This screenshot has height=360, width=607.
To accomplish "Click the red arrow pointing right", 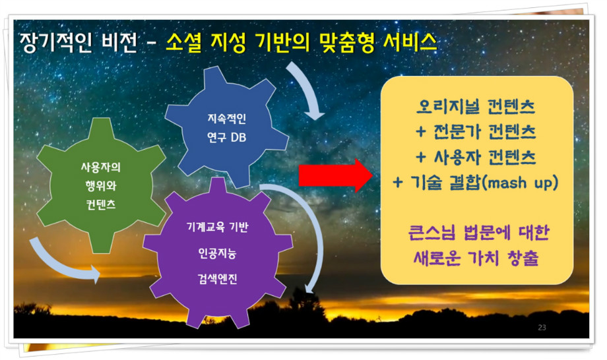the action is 335,175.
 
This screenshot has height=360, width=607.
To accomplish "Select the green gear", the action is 101,186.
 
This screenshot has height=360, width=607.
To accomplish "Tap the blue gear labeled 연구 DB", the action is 226,128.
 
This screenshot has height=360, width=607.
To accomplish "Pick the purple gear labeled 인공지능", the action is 218,253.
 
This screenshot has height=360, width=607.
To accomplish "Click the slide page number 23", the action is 542,328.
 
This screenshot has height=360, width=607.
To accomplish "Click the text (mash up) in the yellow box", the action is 521,183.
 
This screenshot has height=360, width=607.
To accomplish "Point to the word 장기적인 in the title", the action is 55,42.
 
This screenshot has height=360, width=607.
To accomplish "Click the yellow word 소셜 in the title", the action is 184,42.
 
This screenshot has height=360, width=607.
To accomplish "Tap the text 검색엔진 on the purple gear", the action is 217,278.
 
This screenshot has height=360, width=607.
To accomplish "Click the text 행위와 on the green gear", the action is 101,186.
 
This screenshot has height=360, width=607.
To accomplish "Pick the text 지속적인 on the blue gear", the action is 226,118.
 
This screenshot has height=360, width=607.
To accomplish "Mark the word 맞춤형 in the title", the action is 347,42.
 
